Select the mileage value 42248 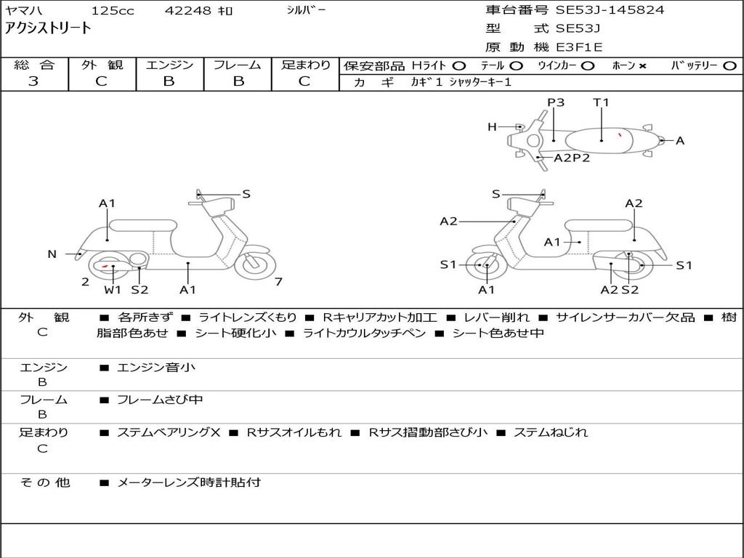tap(188, 11)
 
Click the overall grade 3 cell tap(33, 81)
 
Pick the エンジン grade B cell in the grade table tap(169, 81)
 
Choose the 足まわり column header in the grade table tap(305, 65)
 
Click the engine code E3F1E tap(579, 48)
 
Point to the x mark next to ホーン tap(642, 66)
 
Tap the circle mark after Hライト tap(458, 66)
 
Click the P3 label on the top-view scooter tap(556, 102)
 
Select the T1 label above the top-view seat tap(601, 102)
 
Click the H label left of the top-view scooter tap(492, 127)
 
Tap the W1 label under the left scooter tap(112, 290)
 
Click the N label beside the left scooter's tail tap(52, 254)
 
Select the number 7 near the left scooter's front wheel tap(278, 281)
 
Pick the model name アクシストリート tap(48, 28)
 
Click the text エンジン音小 tap(155, 368)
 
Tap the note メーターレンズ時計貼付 tap(188, 482)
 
